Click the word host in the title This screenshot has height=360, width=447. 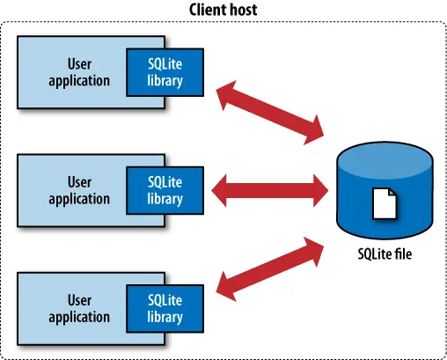pyautogui.click(x=242, y=10)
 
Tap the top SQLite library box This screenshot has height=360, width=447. pyautogui.click(x=165, y=72)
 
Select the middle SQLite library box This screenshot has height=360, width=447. pyautogui.click(x=165, y=190)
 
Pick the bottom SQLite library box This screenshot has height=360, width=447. pyautogui.click(x=165, y=309)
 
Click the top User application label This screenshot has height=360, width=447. pyautogui.click(x=79, y=73)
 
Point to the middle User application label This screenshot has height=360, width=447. pyautogui.click(x=79, y=191)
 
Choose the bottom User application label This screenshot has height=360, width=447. pyautogui.click(x=79, y=309)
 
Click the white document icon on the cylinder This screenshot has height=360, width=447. pyautogui.click(x=385, y=203)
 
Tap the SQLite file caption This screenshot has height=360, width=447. pyautogui.click(x=385, y=253)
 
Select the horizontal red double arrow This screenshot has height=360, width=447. pyautogui.click(x=270, y=191)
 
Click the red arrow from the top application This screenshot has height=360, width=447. pyautogui.click(x=270, y=113)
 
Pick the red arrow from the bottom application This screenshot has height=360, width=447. pyautogui.click(x=270, y=269)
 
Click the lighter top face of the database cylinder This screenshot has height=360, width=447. pyautogui.click(x=385, y=160)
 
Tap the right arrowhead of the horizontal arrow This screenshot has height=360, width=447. pyautogui.click(x=320, y=191)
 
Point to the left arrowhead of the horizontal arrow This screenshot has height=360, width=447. pyautogui.click(x=219, y=191)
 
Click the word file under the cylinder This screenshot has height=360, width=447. pyautogui.click(x=403, y=253)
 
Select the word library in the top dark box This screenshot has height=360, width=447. pyautogui.click(x=165, y=81)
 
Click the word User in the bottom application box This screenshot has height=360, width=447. pyautogui.click(x=79, y=300)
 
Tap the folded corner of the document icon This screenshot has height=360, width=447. pyautogui.click(x=392, y=192)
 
